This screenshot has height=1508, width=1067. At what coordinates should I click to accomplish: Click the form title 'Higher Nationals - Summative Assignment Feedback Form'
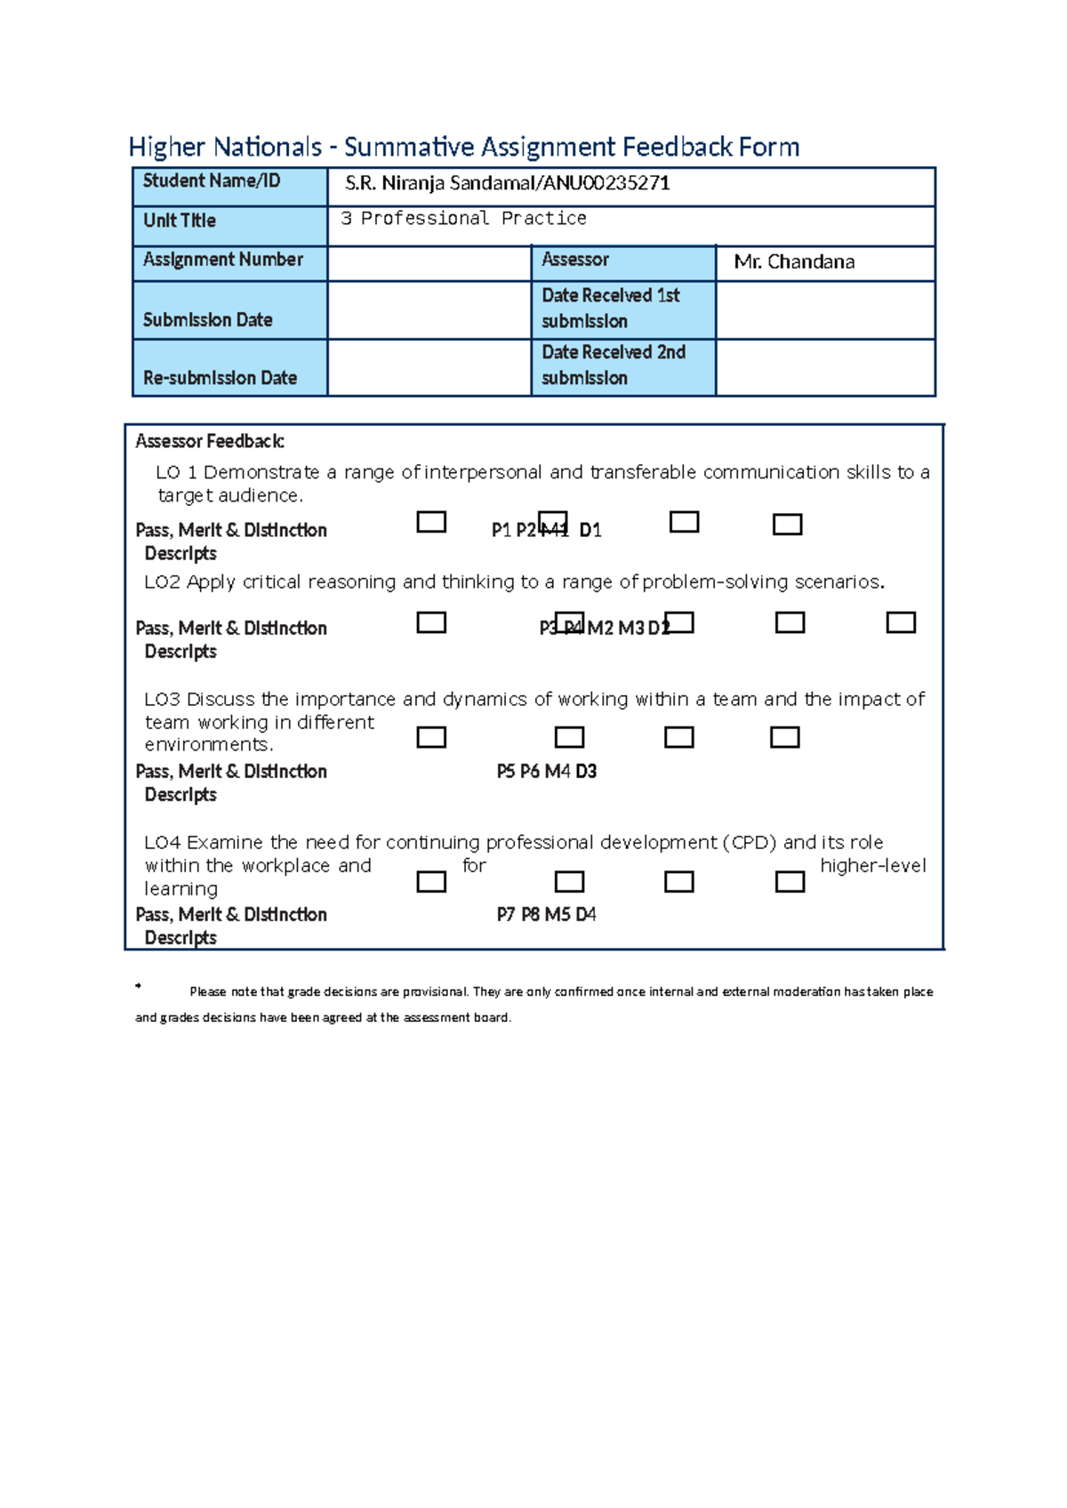pos(463,147)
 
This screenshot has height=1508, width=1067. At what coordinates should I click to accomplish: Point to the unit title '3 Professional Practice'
pos(463,219)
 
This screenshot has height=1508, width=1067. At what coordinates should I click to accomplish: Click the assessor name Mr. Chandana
pos(794,262)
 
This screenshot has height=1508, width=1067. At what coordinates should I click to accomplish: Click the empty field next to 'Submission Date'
pos(429,310)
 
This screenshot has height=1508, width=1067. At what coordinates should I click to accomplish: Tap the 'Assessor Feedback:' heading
pos(210,441)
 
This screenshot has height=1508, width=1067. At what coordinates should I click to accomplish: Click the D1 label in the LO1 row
pos(590,531)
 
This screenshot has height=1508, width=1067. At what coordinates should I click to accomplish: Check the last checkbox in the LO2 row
pos(901,622)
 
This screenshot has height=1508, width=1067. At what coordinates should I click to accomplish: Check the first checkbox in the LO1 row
pos(431,522)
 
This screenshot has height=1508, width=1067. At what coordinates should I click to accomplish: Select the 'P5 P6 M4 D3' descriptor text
pos(546,772)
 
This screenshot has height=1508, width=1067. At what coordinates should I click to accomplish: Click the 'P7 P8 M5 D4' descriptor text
pos(546,915)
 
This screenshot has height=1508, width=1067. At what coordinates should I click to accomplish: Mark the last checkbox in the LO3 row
pos(784,737)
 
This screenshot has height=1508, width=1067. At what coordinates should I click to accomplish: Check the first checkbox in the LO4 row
pos(431,882)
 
